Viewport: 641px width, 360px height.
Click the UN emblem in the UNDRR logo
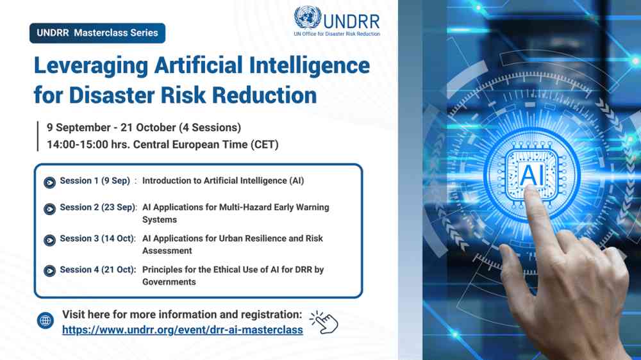(308, 17)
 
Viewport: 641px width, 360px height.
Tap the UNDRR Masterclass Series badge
(97, 33)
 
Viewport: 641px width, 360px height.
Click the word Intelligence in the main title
(310, 66)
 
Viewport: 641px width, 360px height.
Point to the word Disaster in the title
(112, 95)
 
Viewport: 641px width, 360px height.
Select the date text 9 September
(78, 127)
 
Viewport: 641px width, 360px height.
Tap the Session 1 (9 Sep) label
(95, 181)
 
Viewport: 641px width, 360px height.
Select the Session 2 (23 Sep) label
(97, 207)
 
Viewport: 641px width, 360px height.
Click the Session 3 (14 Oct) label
(97, 238)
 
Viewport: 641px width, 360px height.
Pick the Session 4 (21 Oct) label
(97, 270)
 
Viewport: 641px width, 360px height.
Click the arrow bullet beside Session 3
(50, 240)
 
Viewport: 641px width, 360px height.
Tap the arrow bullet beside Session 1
(50, 183)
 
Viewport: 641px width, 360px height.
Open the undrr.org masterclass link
(182, 330)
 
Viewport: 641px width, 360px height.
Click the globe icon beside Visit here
(46, 321)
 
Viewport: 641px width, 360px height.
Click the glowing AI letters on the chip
(531, 174)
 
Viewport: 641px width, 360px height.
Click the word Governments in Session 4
(169, 282)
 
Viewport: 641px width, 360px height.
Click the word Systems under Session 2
(160, 220)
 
